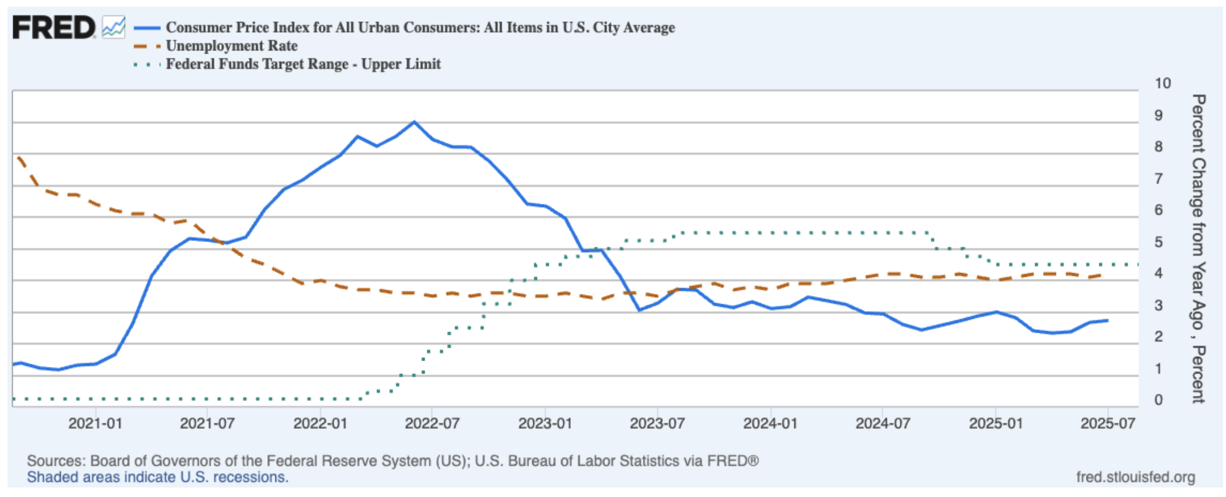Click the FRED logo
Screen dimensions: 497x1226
53,27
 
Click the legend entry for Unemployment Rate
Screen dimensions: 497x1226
231,46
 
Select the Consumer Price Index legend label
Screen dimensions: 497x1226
420,28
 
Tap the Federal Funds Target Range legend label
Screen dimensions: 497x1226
302,64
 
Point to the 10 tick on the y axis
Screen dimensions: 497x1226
1162,83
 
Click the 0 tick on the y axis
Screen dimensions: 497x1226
1158,400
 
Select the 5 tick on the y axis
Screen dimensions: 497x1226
1158,242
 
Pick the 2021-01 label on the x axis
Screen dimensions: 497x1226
95,423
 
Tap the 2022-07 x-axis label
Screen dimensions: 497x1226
432,423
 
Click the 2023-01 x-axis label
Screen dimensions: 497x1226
545,423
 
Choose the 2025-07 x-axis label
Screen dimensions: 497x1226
1107,423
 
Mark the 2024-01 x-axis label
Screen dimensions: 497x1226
770,423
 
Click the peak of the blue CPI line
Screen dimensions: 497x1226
414,122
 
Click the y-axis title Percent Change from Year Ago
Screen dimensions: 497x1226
1198,248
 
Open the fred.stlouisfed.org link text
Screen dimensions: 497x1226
1135,477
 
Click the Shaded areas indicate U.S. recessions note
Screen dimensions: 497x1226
158,477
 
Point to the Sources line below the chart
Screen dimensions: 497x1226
392,461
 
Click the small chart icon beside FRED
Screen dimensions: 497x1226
114,27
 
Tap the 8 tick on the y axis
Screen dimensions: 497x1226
1158,147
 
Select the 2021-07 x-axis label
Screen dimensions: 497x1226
207,423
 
